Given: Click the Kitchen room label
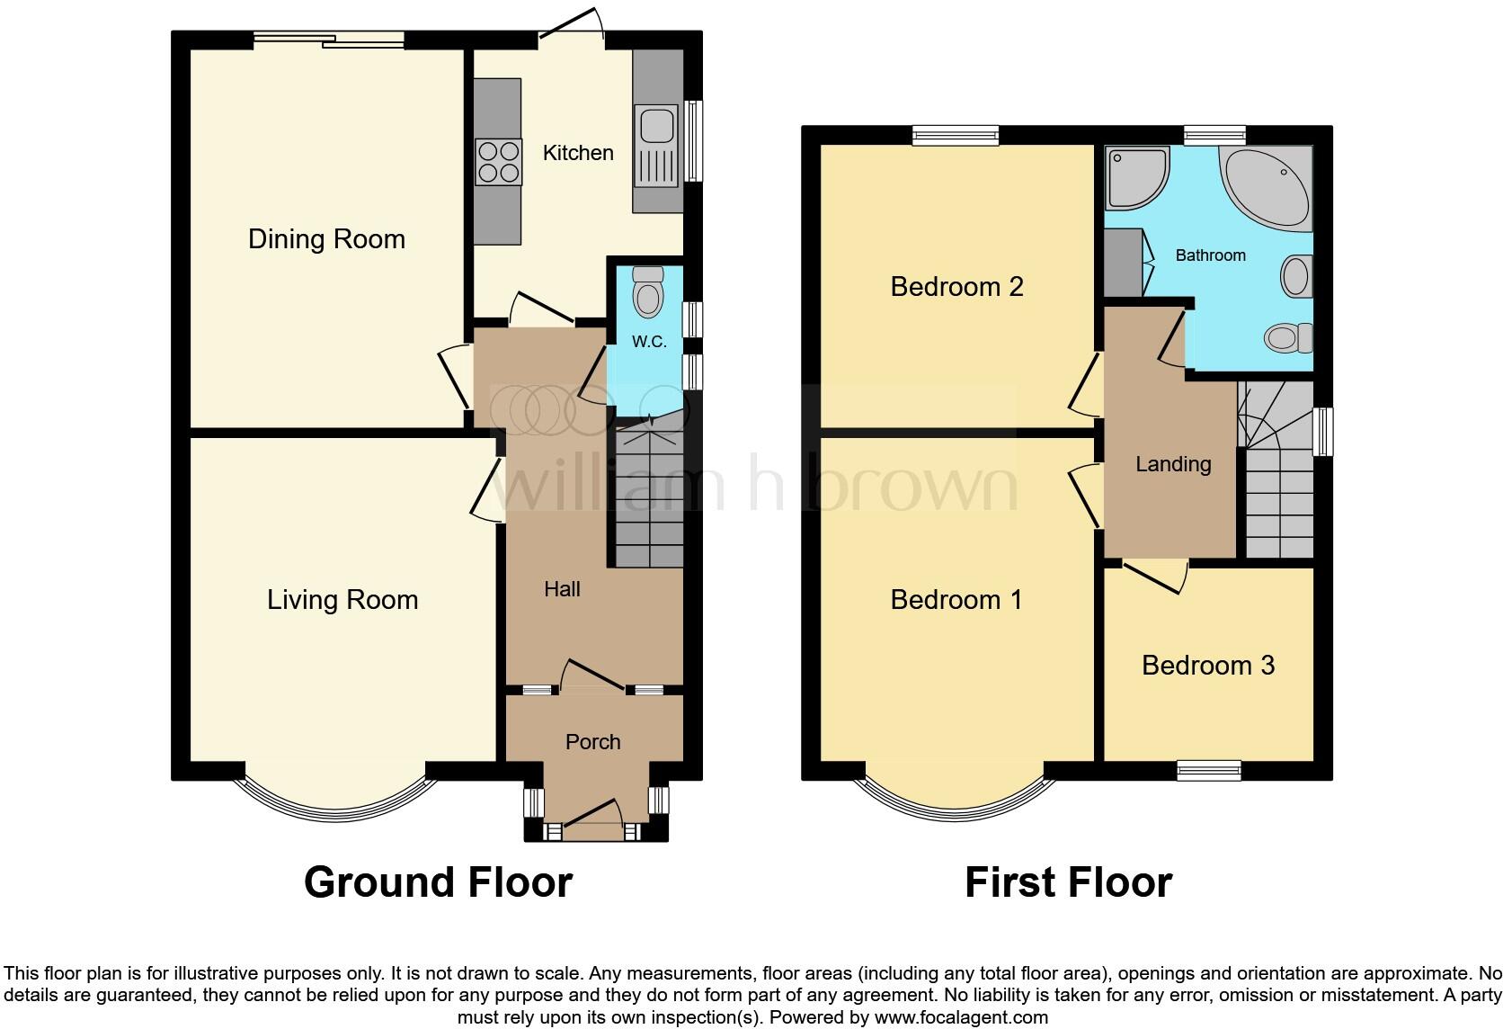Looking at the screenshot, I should (x=578, y=153).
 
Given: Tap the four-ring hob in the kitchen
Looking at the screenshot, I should (x=498, y=162).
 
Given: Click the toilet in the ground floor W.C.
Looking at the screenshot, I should (x=647, y=291).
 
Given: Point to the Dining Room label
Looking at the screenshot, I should (x=326, y=239).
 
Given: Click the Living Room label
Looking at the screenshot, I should (x=342, y=600).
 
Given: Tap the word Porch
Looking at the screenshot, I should (x=592, y=742).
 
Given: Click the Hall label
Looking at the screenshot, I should (x=562, y=589).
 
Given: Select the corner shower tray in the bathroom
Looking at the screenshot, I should (x=1137, y=176).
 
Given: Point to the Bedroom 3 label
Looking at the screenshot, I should (x=1207, y=666).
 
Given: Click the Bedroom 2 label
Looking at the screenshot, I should (x=956, y=287).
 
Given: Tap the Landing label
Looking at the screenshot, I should (x=1173, y=464).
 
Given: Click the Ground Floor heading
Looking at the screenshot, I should (x=438, y=882).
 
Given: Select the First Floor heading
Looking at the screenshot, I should (x=1068, y=882).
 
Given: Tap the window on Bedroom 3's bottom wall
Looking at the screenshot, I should (x=1209, y=770).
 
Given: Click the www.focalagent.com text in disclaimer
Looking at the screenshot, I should (x=961, y=1017).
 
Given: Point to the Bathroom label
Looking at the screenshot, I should (x=1210, y=255).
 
